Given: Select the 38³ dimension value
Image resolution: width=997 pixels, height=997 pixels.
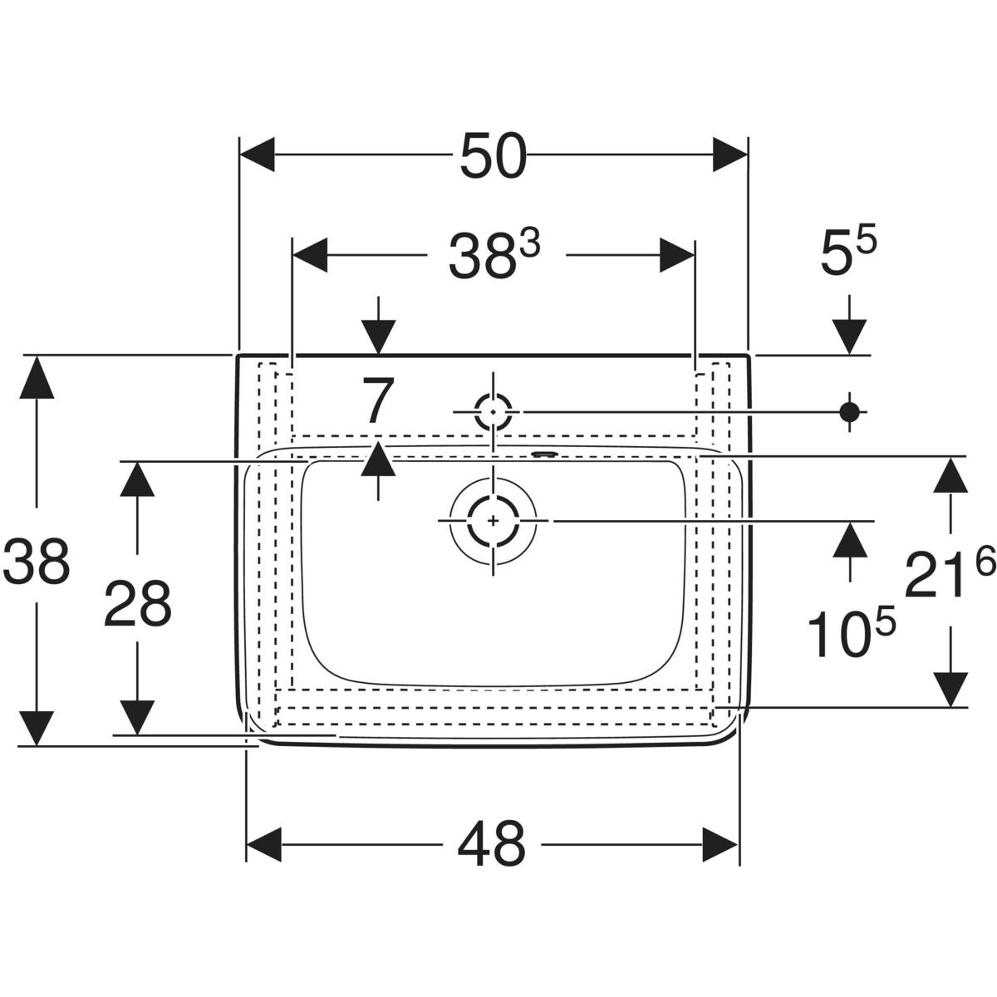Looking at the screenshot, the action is tap(494, 254).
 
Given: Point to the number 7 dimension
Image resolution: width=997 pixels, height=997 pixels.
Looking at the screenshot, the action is tap(378, 400).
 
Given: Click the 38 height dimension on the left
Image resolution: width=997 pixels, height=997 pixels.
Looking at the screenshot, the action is tap(37, 562).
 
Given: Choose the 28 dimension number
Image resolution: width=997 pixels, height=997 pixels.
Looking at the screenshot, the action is tap(137, 603).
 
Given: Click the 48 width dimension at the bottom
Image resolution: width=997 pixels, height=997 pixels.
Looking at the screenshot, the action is tap(492, 844).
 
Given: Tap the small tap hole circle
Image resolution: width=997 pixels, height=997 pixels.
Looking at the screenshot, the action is tap(493, 412).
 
